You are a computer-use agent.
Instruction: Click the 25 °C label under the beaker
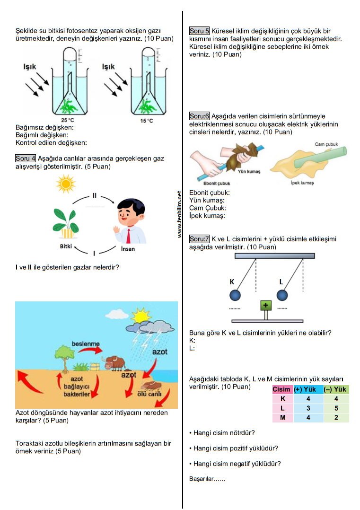[67, 120]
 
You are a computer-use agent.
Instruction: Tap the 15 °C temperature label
[146, 121]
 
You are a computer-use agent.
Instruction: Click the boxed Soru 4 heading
[26, 158]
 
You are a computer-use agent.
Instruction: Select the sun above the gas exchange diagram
[66, 184]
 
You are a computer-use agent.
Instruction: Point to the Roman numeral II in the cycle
[94, 195]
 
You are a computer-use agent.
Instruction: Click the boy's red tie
[129, 236]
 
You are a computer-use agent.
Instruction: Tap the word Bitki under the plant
[66, 246]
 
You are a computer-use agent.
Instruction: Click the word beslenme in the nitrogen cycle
[86, 344]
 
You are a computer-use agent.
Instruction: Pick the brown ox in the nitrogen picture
[114, 363]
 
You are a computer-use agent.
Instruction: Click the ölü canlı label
[149, 394]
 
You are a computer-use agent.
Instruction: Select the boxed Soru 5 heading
[199, 31]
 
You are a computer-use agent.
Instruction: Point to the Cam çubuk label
[326, 144]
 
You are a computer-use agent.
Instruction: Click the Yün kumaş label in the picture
[249, 171]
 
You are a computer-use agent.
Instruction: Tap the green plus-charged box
[266, 305]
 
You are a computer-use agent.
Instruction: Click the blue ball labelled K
[235, 295]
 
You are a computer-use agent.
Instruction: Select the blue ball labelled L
[282, 295]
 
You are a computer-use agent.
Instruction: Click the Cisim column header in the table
[281, 389]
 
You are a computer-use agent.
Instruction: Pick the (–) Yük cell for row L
[336, 408]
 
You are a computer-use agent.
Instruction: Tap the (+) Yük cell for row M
[308, 417]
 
